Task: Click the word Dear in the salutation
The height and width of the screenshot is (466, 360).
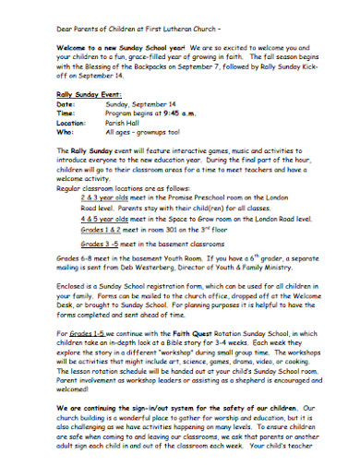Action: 39,18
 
